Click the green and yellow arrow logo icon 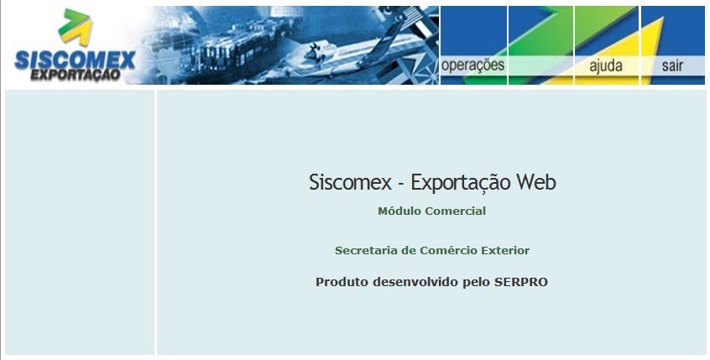point(76,27)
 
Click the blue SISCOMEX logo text point(76,60)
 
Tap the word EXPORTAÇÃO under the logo point(76,75)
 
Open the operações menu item point(472,65)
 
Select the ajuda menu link point(606,65)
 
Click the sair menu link point(672,65)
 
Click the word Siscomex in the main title point(350,182)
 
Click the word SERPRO point(520,282)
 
